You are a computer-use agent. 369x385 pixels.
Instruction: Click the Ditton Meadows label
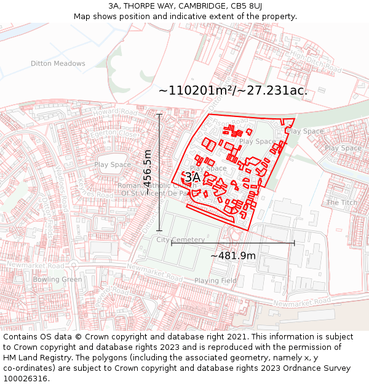[x=58, y=63]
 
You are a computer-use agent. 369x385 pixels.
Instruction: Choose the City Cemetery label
[x=180, y=240]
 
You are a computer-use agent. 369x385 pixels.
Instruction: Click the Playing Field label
[x=215, y=281]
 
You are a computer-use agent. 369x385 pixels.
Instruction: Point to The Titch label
[x=341, y=203]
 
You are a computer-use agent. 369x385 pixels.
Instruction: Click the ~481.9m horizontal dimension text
[x=233, y=256]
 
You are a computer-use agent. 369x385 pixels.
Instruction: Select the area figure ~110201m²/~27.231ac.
[x=233, y=91]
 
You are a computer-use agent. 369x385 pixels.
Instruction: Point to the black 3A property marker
[x=192, y=177]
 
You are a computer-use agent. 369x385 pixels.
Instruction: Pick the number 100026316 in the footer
[x=26, y=378]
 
